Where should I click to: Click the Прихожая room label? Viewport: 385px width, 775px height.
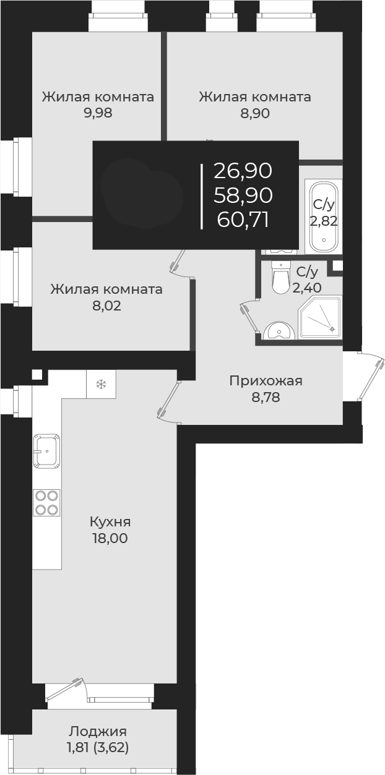coord(266,380)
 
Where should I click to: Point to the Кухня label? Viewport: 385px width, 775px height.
coord(110,521)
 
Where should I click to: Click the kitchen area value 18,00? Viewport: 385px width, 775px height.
coord(109,538)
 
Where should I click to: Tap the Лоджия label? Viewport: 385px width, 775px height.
coord(98,731)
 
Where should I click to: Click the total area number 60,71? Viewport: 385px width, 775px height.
coord(243,219)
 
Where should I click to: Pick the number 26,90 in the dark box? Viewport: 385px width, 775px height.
coord(243,170)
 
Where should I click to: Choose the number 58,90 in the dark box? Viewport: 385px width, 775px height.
coord(243,195)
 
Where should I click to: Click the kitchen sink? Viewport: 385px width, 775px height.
coord(47,452)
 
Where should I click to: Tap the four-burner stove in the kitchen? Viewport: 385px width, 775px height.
coord(47,502)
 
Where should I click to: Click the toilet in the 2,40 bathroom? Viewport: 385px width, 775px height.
coord(281,279)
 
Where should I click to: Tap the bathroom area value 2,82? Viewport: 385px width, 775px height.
coord(324,221)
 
